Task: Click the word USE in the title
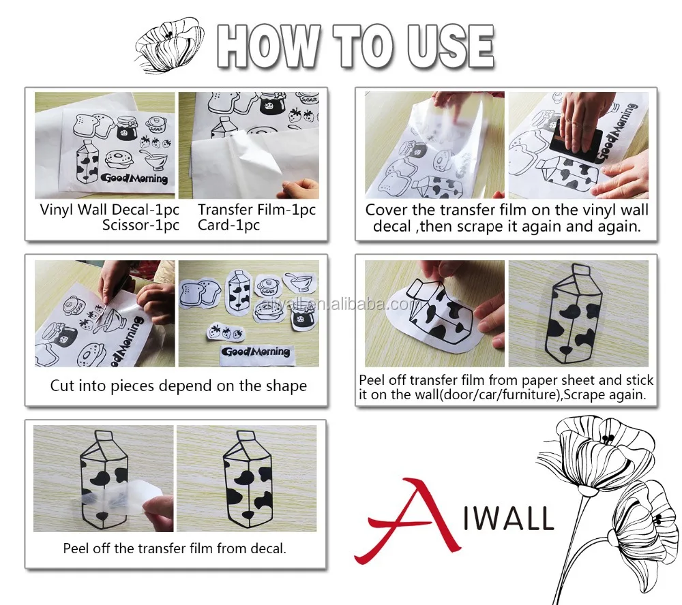click(451, 46)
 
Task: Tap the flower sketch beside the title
click(170, 45)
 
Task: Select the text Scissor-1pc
click(140, 225)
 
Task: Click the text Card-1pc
click(228, 225)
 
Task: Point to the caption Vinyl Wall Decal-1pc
click(109, 210)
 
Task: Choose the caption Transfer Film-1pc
click(256, 210)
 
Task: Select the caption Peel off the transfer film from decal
click(175, 548)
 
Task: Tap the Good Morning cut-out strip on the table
click(256, 352)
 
